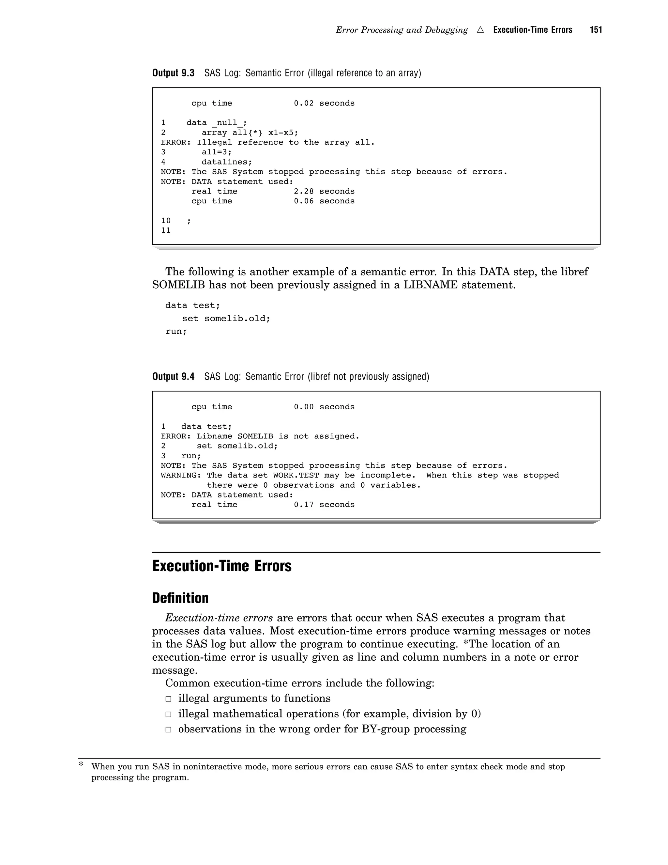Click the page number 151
click(x=596, y=30)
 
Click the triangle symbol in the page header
click(x=480, y=30)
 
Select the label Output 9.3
click(x=173, y=73)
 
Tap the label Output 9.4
click(x=173, y=376)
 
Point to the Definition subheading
click(x=180, y=598)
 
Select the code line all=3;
click(x=217, y=152)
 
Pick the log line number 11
click(x=166, y=230)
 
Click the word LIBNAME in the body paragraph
click(x=431, y=285)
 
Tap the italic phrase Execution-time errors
click(x=219, y=618)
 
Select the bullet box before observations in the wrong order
click(x=168, y=730)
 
